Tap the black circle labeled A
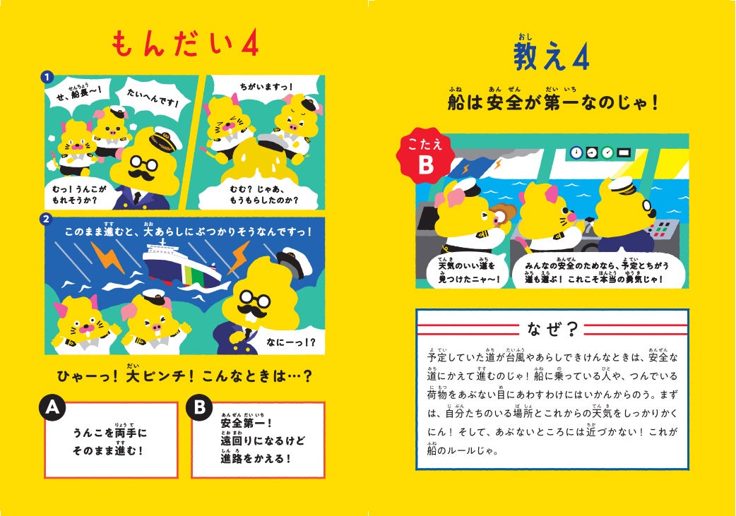point(52,407)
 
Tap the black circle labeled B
point(199,407)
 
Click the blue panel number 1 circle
point(47,78)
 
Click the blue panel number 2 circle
point(45,219)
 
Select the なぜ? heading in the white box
point(552,329)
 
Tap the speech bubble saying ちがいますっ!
point(266,86)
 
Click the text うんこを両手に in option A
point(110,432)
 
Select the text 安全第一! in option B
point(246,423)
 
